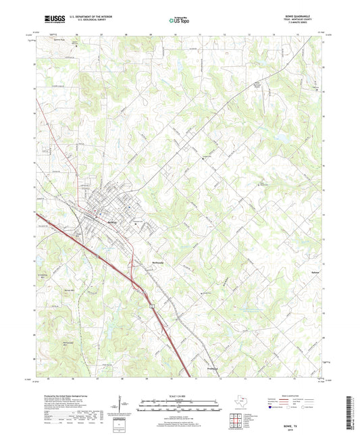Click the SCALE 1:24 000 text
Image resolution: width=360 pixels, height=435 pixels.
pos(180,395)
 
